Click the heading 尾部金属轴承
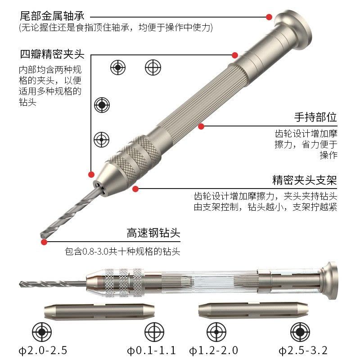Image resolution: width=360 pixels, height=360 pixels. [x=52, y=17]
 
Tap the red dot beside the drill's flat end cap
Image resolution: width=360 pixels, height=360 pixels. [x=269, y=17]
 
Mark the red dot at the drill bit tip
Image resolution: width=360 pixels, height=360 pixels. [x=44, y=242]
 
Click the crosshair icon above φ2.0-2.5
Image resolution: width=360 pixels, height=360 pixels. [x=42, y=332]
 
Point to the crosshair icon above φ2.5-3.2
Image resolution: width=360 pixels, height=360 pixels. [x=298, y=332]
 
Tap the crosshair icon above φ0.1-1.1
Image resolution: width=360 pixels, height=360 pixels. [x=153, y=332]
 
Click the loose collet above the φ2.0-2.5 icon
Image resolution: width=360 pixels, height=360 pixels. [x=97, y=311]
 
